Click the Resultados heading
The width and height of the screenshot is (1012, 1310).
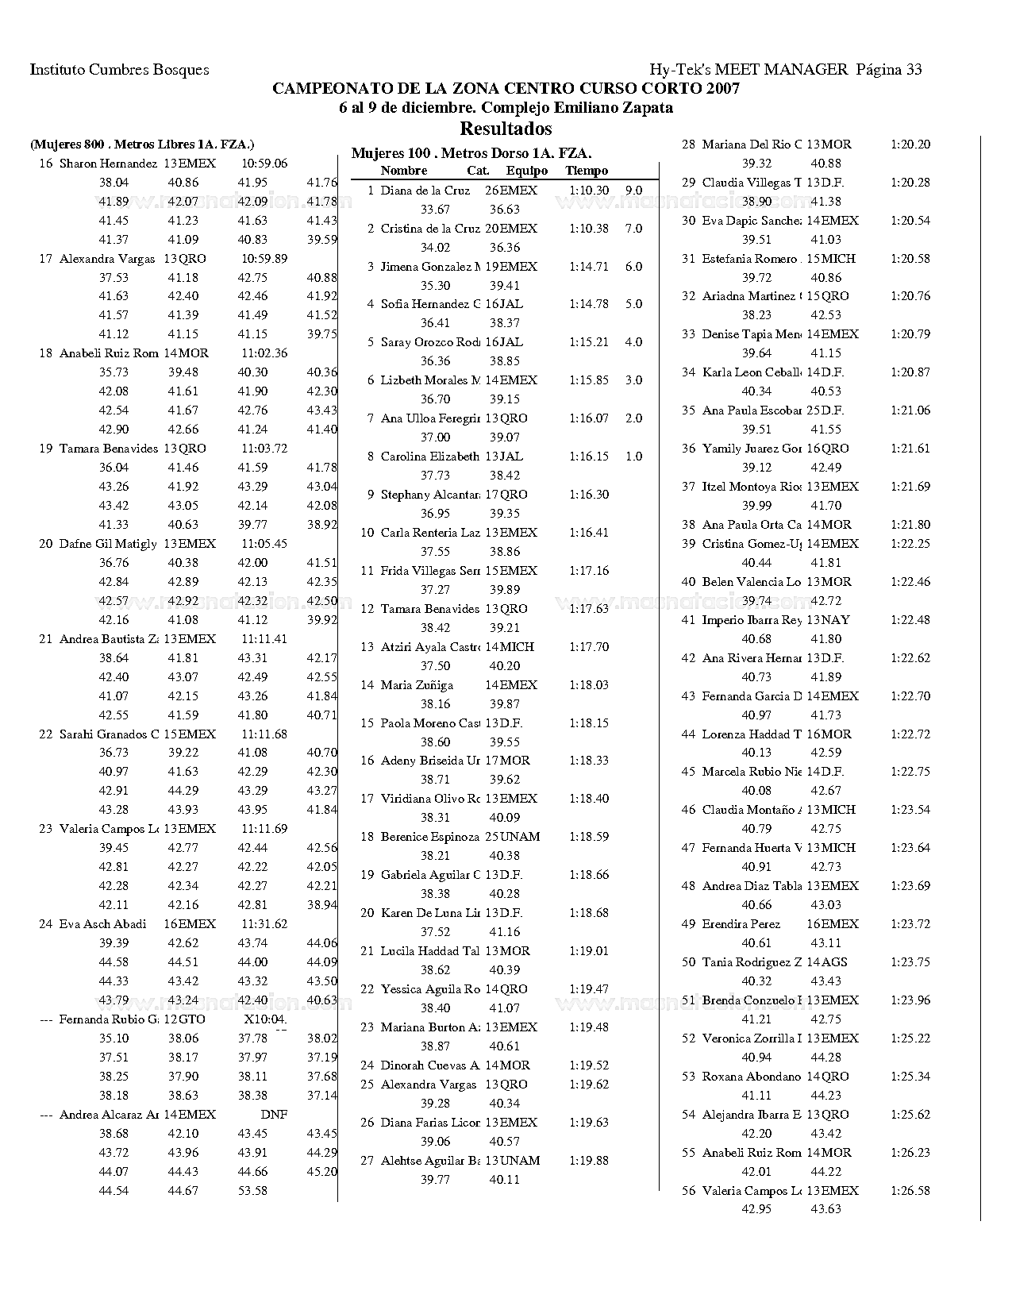506,128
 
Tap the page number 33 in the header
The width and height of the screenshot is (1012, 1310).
913,69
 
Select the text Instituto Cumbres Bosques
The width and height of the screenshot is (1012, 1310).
119,69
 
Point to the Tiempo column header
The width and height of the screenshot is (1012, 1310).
587,171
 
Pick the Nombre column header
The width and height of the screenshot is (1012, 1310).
404,171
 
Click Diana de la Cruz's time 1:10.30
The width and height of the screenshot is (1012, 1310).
589,191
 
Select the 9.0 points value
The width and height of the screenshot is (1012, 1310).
633,191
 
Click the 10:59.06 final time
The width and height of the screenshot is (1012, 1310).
264,164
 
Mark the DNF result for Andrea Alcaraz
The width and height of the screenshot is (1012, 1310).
274,1115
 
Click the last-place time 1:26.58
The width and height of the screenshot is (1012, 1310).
910,1191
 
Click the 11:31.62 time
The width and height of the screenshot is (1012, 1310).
264,924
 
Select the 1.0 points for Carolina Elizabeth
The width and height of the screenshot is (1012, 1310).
633,457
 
